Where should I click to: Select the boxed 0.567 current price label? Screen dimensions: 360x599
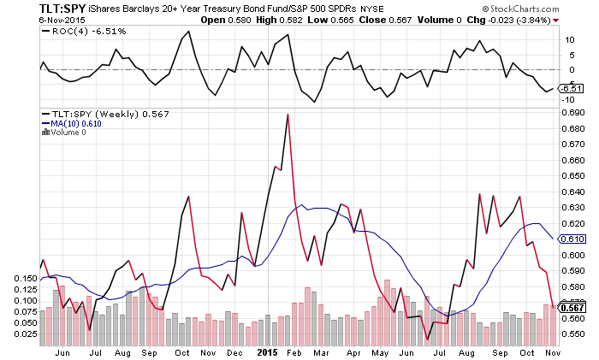point(571,307)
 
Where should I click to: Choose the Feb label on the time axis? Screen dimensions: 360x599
point(291,351)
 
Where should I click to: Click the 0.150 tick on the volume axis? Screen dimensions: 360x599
point(26,279)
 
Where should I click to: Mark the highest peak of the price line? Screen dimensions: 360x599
point(288,115)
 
